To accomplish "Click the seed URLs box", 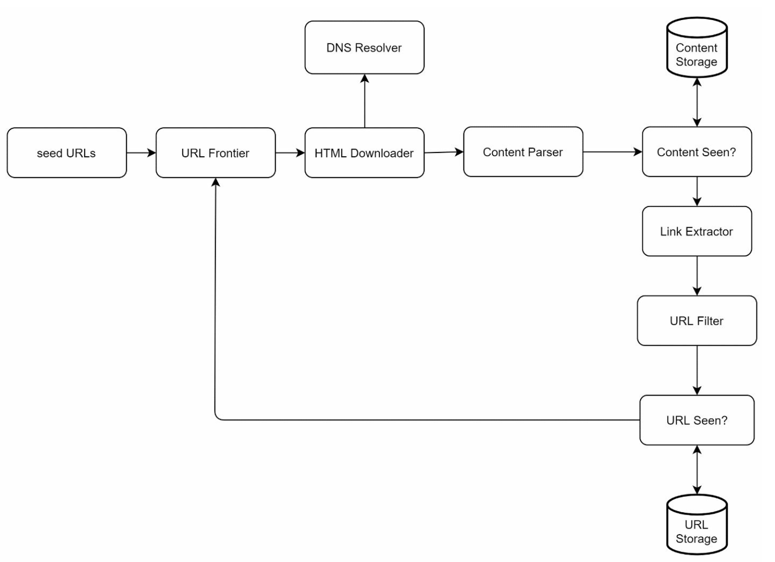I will [x=67, y=153].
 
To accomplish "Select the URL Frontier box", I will [x=216, y=153].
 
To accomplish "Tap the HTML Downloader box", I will [x=364, y=153].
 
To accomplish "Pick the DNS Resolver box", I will [x=364, y=48].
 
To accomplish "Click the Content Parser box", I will [x=523, y=152].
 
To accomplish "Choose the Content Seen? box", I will [x=696, y=152].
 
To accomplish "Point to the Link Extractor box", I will [x=696, y=231].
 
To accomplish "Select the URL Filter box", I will [x=696, y=321].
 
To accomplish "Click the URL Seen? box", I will [x=696, y=420].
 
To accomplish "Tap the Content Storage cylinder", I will [x=696, y=49].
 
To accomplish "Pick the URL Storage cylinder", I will [x=696, y=526].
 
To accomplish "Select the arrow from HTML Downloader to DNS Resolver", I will [x=364, y=101].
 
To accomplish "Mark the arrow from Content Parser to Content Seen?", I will [x=612, y=152].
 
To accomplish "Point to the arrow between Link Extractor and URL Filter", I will [x=696, y=276].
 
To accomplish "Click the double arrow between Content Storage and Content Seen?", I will [x=696, y=102].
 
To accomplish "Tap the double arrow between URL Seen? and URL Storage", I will [x=696, y=470].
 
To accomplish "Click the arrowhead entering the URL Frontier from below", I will [x=216, y=182].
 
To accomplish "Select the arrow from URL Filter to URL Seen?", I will [x=696, y=370].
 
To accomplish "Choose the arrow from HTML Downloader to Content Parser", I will [x=443, y=152].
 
